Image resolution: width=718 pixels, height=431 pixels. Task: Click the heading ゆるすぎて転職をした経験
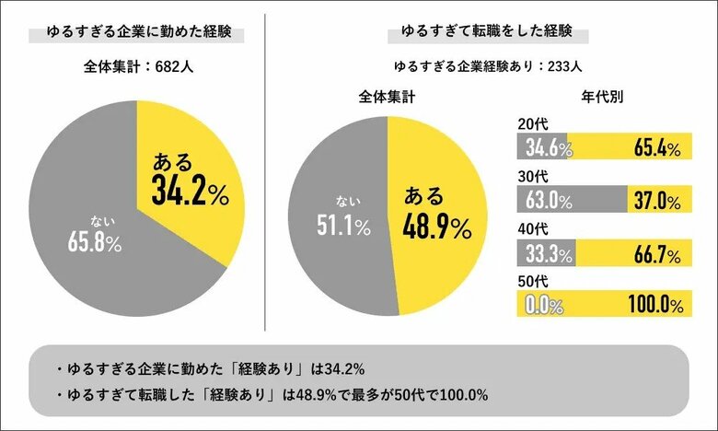(486, 33)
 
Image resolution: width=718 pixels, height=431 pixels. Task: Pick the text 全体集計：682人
(137, 66)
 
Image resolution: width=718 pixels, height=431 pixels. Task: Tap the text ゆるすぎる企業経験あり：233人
(486, 66)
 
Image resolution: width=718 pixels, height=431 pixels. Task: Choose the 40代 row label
(532, 227)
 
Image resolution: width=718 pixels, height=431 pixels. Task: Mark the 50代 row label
(532, 278)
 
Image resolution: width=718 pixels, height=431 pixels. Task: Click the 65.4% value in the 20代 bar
(656, 147)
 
